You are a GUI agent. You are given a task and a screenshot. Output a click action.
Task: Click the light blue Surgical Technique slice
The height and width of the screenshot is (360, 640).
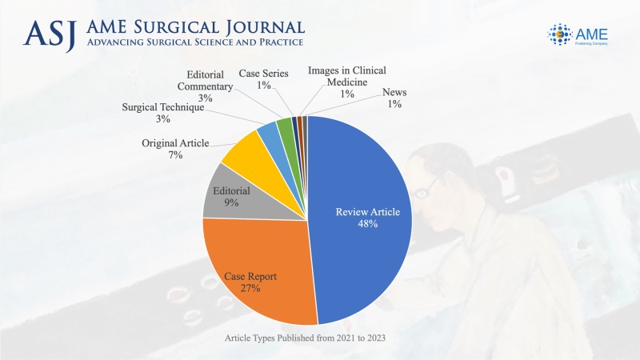pos(267,135)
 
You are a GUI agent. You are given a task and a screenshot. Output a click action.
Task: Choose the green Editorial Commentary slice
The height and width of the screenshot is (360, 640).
pos(284,127)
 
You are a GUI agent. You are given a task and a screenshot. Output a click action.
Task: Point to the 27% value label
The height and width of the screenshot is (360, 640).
pos(250,288)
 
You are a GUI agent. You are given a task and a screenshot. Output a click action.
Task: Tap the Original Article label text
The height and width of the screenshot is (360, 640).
pos(175,143)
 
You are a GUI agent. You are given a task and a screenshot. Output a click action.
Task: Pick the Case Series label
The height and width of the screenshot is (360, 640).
pos(258,74)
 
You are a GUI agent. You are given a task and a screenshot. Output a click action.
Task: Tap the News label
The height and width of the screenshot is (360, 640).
pos(394,93)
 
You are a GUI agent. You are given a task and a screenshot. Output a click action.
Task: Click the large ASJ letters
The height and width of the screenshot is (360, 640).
pos(50,33)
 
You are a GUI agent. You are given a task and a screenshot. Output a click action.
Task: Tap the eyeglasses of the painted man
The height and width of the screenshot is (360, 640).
pos(430,186)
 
